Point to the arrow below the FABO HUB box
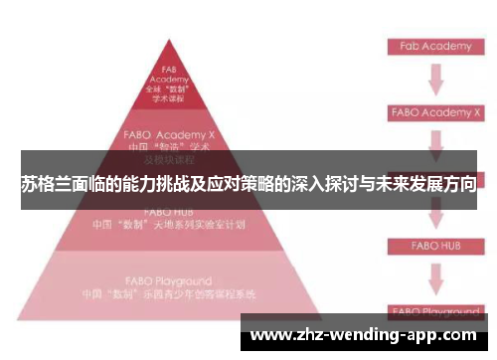pyautogui.click(x=433, y=276)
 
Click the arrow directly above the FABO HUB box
pyautogui.click(x=433, y=215)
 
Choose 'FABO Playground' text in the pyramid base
pyautogui.click(x=169, y=281)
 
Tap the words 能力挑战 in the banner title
pyautogui.click(x=143, y=184)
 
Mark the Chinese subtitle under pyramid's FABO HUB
pyautogui.click(x=169, y=224)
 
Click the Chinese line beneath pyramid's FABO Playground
pyautogui.click(x=169, y=294)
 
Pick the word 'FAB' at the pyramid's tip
pyautogui.click(x=169, y=70)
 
